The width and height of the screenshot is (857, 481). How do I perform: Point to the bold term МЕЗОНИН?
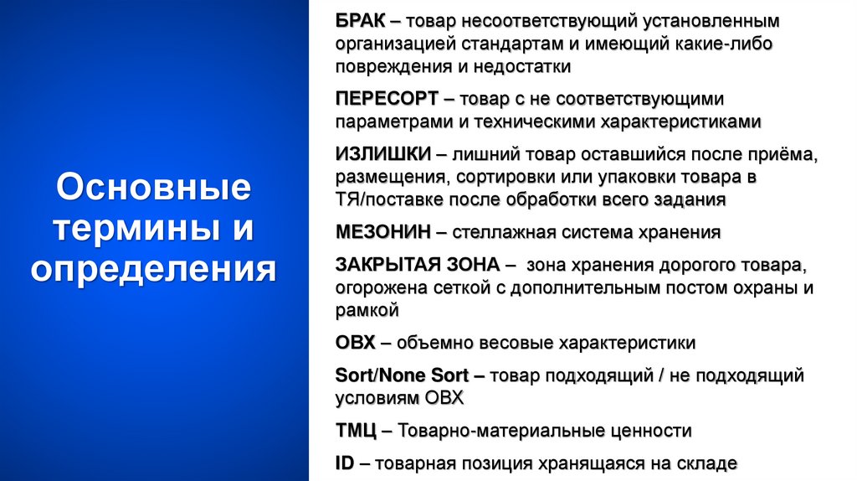(x=383, y=232)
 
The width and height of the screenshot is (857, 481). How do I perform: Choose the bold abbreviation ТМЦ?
(x=356, y=431)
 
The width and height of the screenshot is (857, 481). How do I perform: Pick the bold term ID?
(x=345, y=463)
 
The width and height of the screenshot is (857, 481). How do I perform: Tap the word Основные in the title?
(x=154, y=186)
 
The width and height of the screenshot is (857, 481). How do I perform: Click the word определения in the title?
(x=154, y=270)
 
